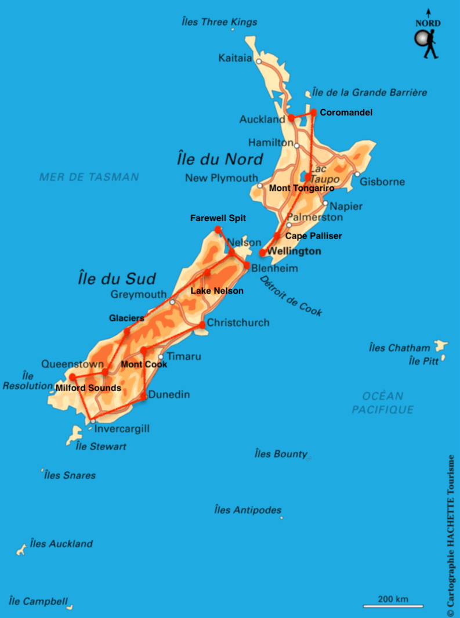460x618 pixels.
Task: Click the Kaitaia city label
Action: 235,58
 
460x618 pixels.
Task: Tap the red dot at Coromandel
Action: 313,112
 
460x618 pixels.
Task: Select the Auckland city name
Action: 262,120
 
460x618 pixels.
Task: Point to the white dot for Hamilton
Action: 296,146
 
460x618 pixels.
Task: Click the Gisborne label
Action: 382,182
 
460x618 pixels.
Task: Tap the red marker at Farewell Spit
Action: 218,230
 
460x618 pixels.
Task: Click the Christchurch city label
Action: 238,323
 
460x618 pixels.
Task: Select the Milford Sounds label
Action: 88,388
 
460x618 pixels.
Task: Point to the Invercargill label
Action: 122,429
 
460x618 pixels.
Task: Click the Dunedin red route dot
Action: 144,397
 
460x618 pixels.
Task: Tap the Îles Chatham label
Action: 400,348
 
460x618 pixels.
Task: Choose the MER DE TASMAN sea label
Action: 89,177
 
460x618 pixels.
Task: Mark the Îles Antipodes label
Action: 248,510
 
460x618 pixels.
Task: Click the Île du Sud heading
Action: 117,279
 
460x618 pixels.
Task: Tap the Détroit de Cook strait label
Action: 291,296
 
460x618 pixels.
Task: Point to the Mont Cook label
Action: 144,364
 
